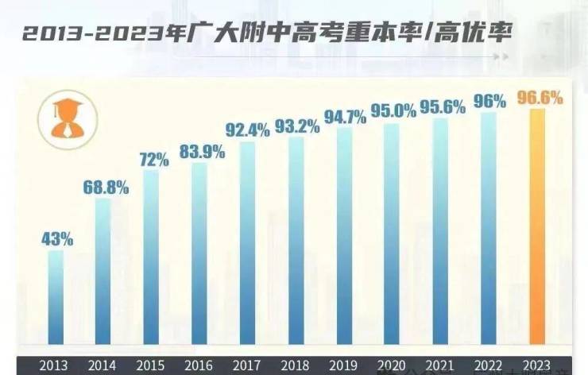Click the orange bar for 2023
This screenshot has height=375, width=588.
(538, 230)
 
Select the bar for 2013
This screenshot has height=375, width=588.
(56, 302)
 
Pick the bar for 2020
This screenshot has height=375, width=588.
(392, 238)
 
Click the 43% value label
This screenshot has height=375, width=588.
(57, 238)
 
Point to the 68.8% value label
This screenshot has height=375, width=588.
(106, 187)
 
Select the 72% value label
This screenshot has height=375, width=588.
(154, 159)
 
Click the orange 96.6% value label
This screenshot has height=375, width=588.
(540, 99)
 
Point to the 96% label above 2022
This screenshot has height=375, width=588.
(489, 102)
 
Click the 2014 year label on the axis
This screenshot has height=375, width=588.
(103, 366)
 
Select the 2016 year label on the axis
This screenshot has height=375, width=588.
(199, 366)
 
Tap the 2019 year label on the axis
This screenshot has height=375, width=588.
(344, 366)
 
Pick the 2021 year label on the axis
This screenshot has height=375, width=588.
(439, 366)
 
